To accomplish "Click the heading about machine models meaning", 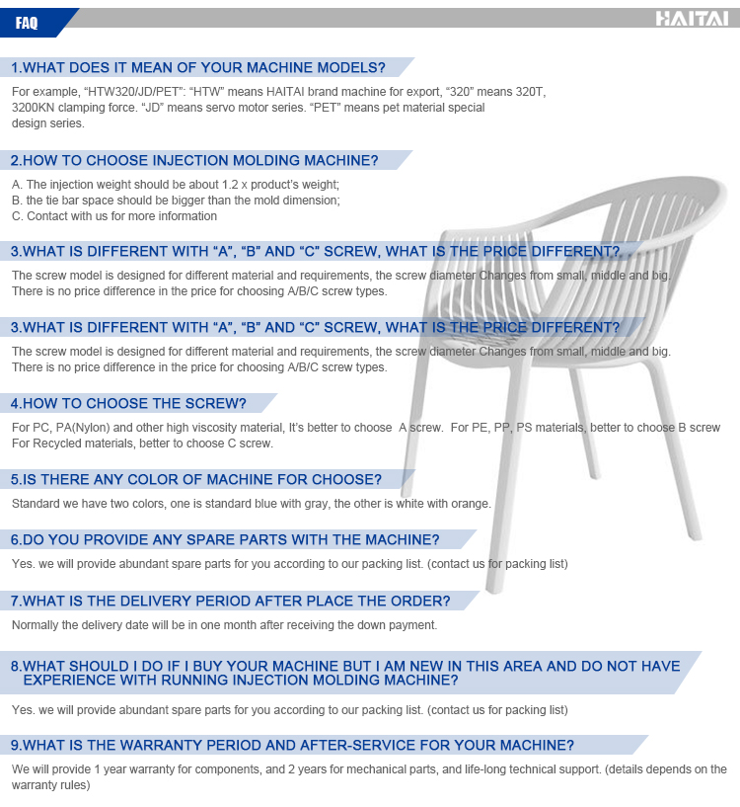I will (197, 68).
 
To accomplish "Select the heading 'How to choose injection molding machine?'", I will (194, 160).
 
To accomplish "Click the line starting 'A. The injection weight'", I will (175, 185).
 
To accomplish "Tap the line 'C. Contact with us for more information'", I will (114, 216).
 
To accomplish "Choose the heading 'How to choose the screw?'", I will (128, 403).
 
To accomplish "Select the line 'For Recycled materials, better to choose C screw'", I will (142, 444).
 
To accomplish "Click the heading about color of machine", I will (195, 480).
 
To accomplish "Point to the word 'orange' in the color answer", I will (470, 504).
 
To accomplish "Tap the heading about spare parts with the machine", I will (225, 540).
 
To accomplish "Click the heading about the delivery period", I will (230, 602).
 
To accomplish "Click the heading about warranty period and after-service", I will (292, 746).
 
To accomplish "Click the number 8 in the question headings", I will (16, 667).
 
